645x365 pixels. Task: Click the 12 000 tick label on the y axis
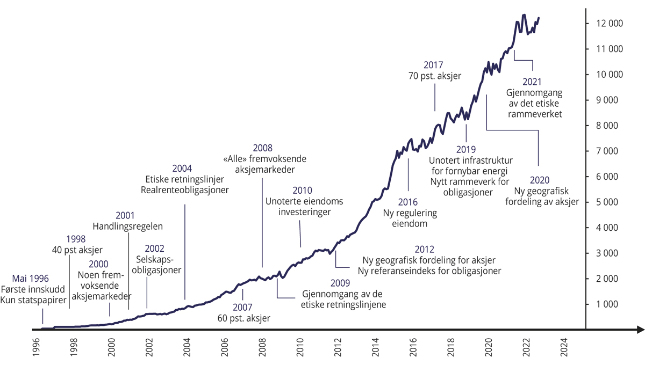(607, 24)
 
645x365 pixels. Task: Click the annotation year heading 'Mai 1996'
(31, 279)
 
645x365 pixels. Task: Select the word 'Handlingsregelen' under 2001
(127, 226)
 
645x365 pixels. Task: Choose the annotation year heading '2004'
(184, 168)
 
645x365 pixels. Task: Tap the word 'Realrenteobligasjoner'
(184, 190)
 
